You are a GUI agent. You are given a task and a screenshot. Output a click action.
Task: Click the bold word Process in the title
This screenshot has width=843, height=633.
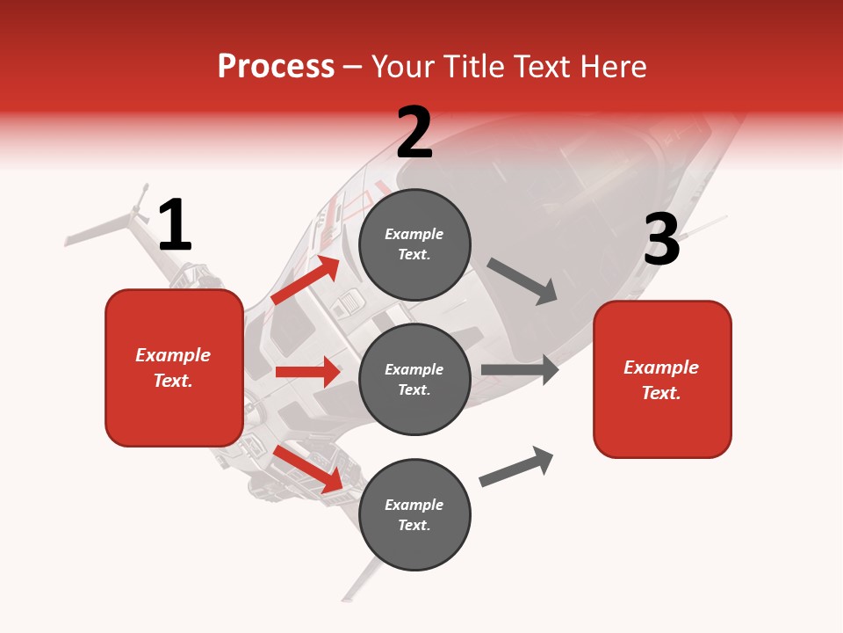point(276,67)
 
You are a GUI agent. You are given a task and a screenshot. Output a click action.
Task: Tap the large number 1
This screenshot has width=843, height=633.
point(174,225)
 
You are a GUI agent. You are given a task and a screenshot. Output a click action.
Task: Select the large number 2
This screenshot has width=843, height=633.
point(414,132)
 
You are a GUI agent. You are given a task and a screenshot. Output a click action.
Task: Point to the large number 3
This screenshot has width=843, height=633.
point(661,240)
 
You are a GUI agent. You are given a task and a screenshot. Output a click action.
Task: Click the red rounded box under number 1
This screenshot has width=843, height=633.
point(174,367)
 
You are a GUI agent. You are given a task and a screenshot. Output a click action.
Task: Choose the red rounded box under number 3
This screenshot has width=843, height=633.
point(662,380)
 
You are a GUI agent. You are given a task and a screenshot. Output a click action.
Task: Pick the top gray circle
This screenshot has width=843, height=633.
point(414,244)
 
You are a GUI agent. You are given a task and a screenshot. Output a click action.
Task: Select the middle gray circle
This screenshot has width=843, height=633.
point(414,379)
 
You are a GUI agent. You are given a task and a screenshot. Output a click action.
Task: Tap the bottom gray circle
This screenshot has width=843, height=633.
point(414,514)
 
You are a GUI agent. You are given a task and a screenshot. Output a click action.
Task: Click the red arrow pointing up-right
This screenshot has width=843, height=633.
point(305,280)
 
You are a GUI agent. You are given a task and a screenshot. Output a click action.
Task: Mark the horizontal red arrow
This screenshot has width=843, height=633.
point(307,372)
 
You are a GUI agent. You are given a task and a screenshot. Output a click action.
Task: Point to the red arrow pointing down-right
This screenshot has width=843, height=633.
point(307,469)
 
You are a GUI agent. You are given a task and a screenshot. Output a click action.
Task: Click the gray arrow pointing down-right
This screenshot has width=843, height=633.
point(522,281)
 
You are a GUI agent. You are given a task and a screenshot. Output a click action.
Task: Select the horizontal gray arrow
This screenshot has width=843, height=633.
point(519,369)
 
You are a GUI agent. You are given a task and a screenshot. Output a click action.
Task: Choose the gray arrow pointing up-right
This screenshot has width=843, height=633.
point(516,467)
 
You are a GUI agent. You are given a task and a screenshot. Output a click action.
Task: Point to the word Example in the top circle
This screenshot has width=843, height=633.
point(414,235)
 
